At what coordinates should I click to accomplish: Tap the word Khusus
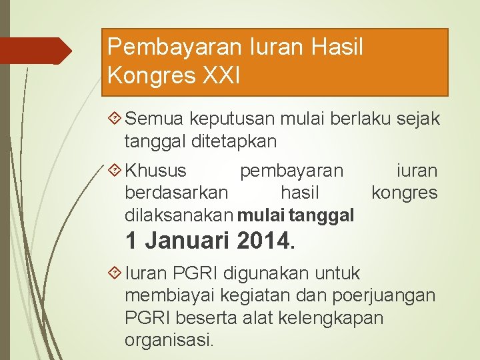(156, 171)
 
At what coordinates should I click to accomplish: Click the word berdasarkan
(176, 193)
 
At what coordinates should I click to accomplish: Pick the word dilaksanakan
(179, 215)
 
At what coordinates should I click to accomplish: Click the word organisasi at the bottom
(169, 340)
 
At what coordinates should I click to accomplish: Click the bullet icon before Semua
(114, 119)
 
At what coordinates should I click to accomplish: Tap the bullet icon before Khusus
(114, 171)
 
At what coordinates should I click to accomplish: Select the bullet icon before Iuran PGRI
(114, 273)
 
